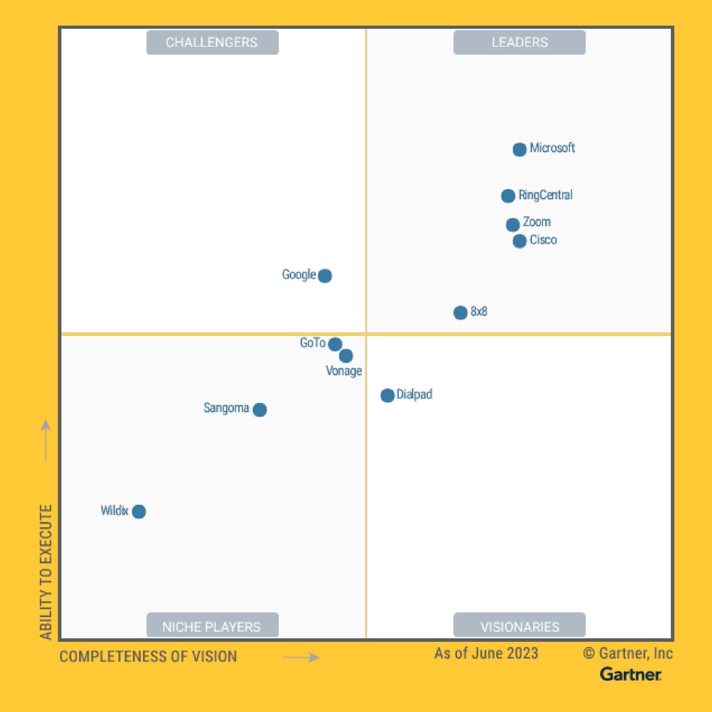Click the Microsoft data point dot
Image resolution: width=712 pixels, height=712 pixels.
point(519,149)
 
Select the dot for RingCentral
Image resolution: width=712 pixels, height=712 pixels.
point(508,196)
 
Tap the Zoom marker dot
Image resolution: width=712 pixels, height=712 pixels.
point(513,225)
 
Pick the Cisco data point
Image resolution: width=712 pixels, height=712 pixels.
point(519,241)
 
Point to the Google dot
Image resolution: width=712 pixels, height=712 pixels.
point(325,276)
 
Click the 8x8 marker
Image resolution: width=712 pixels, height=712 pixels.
point(460,312)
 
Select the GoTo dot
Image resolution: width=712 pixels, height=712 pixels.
point(335,344)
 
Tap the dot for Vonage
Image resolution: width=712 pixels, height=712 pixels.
point(346,355)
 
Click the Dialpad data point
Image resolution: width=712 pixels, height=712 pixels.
point(388,395)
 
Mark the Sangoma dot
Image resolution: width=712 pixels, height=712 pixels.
point(260,410)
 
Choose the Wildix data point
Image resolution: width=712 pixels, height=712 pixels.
point(139,512)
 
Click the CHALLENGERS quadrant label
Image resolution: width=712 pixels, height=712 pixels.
point(212,43)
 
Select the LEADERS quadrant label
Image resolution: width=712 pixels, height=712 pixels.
point(519,43)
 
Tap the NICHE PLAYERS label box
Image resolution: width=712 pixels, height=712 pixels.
point(212,626)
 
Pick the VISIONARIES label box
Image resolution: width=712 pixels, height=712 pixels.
point(519,626)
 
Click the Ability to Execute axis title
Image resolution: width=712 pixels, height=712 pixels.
point(46,572)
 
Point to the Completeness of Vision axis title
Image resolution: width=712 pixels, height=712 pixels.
point(148,657)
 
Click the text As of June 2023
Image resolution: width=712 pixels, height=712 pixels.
point(486,654)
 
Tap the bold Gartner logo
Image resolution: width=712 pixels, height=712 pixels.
point(630,674)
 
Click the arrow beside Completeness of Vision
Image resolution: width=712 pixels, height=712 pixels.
point(301,658)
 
